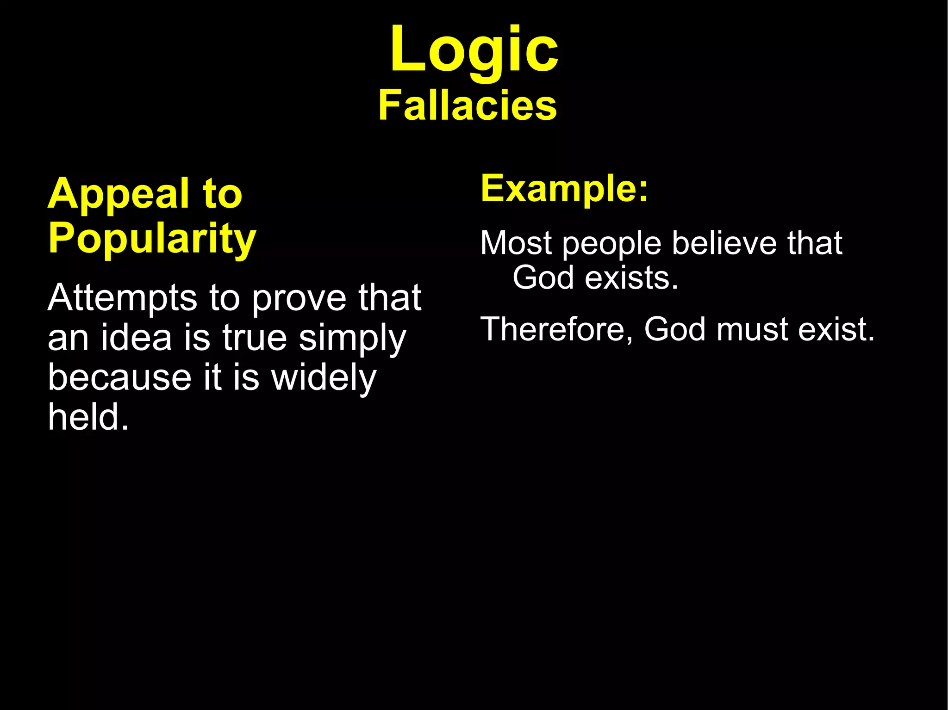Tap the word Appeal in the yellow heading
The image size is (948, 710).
tap(118, 194)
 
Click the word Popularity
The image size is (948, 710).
tap(152, 239)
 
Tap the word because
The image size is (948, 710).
tap(119, 377)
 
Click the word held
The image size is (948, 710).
tap(88, 417)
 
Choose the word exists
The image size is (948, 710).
tap(631, 278)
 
